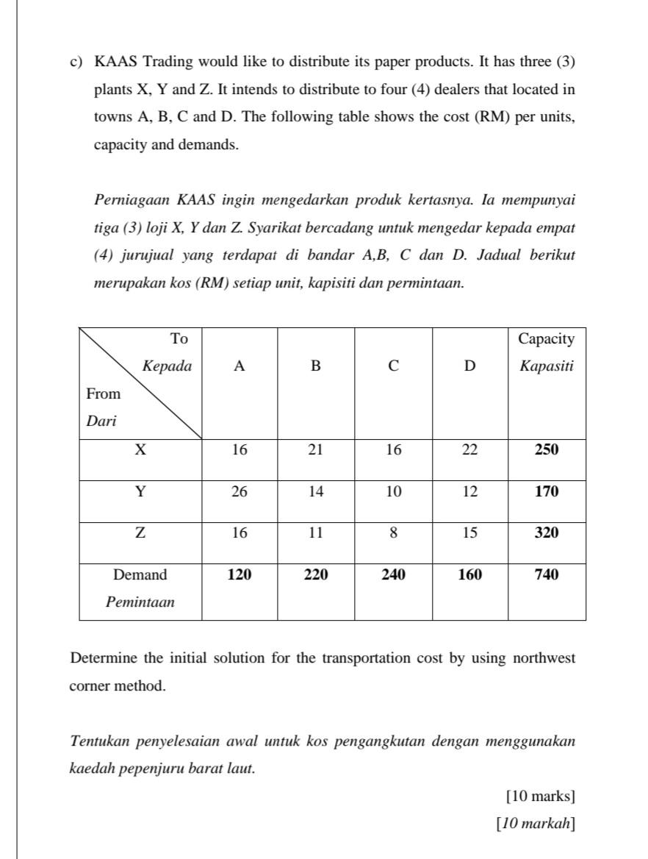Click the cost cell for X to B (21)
[x=315, y=450]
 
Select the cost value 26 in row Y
[x=240, y=492]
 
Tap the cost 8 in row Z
[x=393, y=533]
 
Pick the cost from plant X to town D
[x=469, y=450]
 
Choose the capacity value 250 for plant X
[x=546, y=450]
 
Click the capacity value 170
[x=546, y=492]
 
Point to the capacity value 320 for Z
[x=546, y=533]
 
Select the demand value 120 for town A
[x=240, y=575]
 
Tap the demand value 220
[x=315, y=575]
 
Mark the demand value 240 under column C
[x=393, y=575]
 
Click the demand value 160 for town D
[x=469, y=575]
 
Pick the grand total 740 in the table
[x=546, y=575]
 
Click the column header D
[x=469, y=366]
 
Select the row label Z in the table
[x=140, y=533]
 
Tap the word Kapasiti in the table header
[x=546, y=366]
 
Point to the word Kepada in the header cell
[x=167, y=366]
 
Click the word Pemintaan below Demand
[x=140, y=602]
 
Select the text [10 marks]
[x=541, y=796]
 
